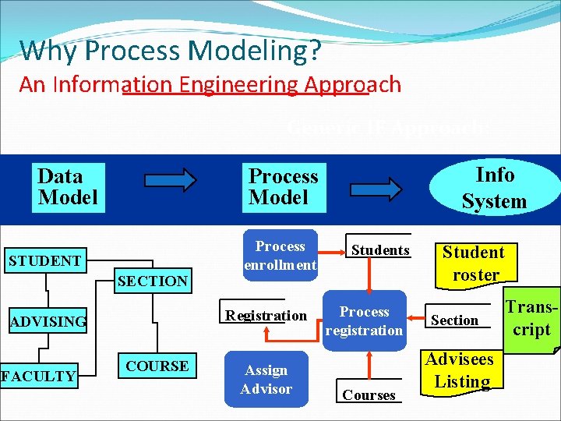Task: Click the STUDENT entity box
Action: click(44, 260)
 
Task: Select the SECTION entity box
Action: click(152, 281)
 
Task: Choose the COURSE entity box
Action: click(157, 366)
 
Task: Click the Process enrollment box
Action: click(280, 255)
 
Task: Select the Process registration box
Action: click(364, 320)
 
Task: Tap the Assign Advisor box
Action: click(266, 380)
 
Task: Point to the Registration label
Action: click(266, 316)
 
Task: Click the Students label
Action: click(380, 250)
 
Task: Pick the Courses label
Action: click(369, 395)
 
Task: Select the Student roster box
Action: click(474, 264)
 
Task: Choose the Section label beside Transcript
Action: click(454, 320)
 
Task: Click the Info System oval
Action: click(494, 188)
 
